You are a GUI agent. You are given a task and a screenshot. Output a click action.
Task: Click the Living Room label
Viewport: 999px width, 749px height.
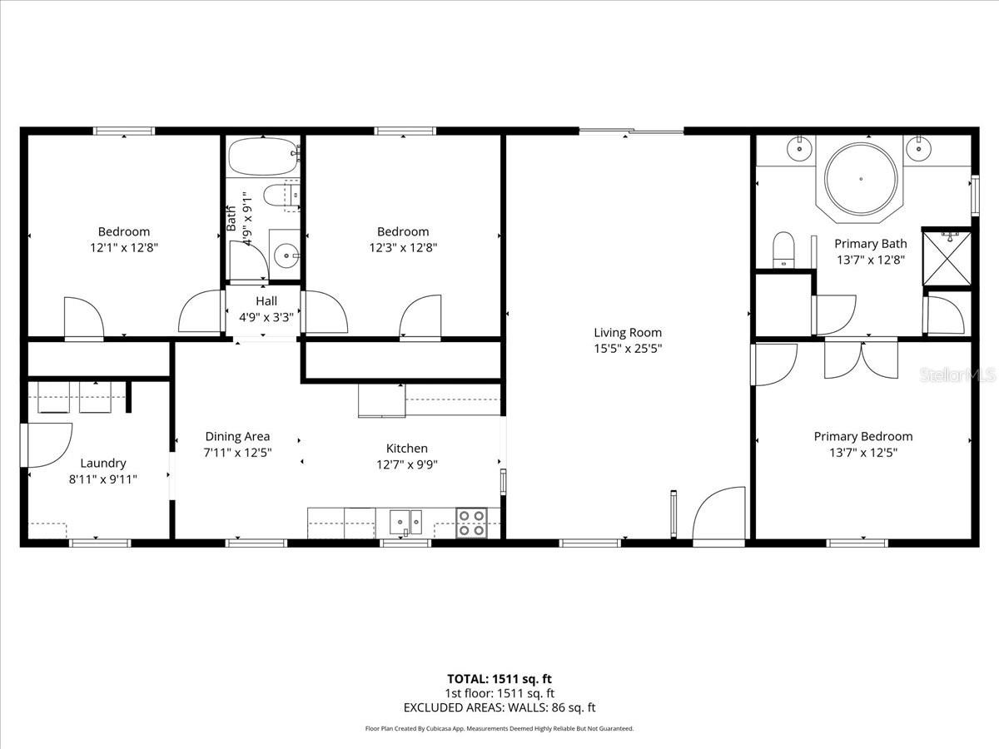(x=628, y=332)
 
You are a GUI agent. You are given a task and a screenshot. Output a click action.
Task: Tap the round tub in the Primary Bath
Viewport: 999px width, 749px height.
(x=861, y=179)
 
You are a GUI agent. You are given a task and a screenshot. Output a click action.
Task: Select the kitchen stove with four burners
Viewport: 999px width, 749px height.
(x=471, y=523)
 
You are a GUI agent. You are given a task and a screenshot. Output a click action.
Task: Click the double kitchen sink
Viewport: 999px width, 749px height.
(x=405, y=522)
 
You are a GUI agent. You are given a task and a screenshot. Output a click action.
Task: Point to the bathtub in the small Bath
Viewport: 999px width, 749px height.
(x=264, y=156)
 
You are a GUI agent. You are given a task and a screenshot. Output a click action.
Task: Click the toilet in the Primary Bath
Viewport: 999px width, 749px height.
(x=783, y=250)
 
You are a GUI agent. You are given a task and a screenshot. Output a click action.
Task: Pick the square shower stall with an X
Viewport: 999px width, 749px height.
(x=947, y=258)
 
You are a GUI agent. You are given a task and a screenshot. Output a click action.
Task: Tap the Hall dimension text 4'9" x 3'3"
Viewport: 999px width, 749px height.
(x=266, y=317)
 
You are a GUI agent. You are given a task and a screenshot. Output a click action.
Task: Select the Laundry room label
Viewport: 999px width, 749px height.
(x=103, y=463)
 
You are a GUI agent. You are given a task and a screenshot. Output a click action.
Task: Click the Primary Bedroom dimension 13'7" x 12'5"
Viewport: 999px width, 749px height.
(x=863, y=453)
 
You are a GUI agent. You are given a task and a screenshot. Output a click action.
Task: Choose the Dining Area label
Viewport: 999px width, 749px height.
(x=237, y=436)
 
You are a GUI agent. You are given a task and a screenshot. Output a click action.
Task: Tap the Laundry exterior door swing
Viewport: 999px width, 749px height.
(x=47, y=445)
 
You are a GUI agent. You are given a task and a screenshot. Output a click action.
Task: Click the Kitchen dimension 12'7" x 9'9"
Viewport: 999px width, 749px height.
(x=407, y=464)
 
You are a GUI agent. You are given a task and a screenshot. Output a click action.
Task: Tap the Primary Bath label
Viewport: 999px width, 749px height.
(x=871, y=243)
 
